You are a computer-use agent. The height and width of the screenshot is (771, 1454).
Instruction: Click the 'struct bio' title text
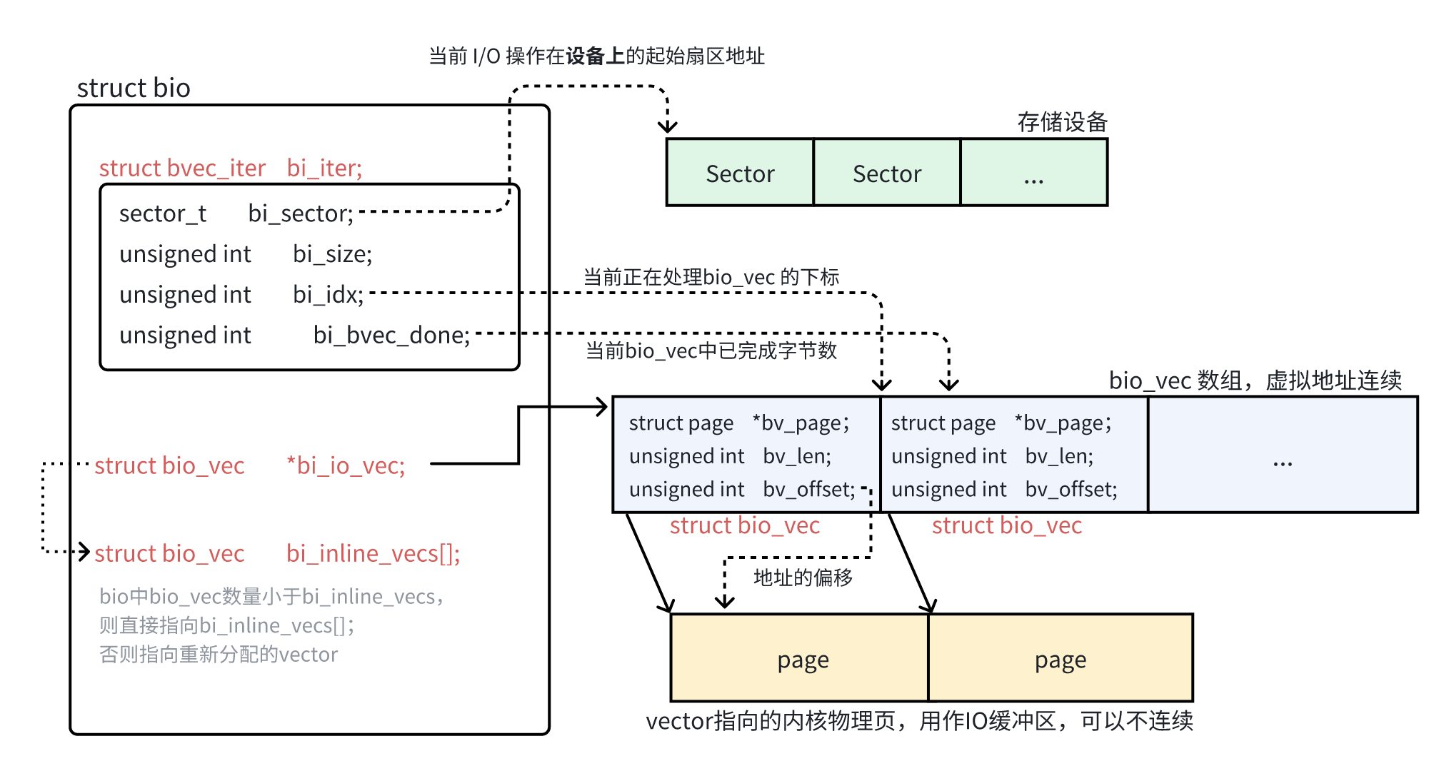[134, 88]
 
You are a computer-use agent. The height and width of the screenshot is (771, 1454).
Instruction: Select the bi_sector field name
[300, 213]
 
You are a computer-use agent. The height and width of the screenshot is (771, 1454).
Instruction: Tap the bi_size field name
[332, 254]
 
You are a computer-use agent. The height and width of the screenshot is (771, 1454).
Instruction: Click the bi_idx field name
[328, 295]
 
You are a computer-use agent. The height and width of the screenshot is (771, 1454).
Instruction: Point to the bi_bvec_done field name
[391, 336]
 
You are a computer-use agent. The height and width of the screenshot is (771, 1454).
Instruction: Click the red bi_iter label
[324, 168]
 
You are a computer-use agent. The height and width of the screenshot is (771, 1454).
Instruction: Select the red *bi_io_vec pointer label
[346, 466]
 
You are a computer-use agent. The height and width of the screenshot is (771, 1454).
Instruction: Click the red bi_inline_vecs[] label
[373, 554]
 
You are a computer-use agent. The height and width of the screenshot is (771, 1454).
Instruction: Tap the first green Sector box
[740, 173]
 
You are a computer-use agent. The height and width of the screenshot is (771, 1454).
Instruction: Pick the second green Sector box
[887, 173]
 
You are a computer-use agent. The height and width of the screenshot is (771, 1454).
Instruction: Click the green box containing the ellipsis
[1033, 173]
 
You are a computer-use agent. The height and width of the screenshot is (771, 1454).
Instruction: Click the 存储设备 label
[1062, 122]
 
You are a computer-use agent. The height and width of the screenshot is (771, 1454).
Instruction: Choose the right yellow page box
[1061, 658]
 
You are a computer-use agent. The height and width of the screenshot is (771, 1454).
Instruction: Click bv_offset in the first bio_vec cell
[808, 490]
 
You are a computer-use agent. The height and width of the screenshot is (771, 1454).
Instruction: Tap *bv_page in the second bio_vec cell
[1063, 423]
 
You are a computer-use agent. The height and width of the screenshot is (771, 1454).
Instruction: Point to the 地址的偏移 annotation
[803, 577]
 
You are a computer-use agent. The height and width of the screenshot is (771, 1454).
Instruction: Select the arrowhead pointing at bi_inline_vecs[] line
[85, 552]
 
